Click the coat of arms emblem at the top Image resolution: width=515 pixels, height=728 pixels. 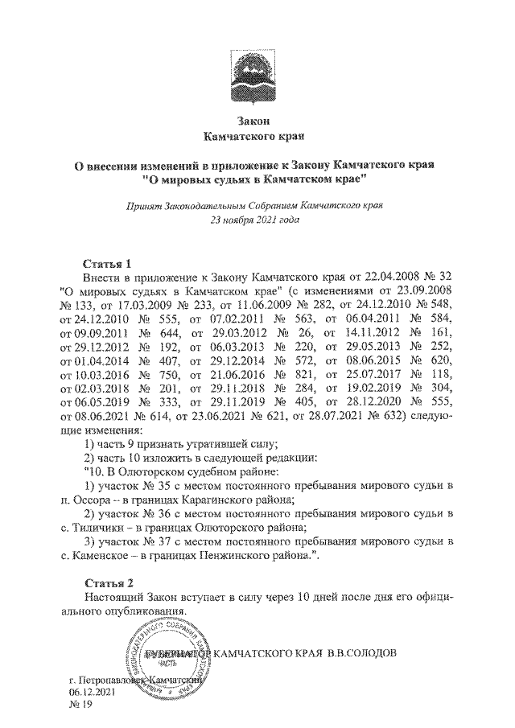point(256,77)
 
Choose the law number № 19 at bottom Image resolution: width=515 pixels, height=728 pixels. point(81,705)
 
